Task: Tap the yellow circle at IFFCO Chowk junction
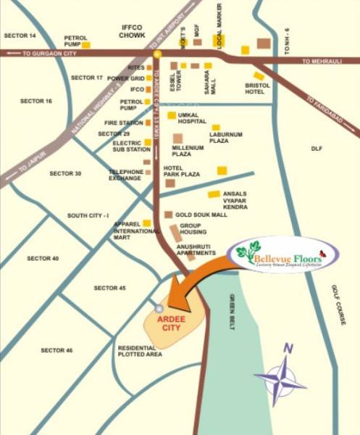pyautogui.click(x=156, y=54)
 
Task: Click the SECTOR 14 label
pyautogui.click(x=20, y=36)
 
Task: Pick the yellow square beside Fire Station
pyautogui.click(x=148, y=123)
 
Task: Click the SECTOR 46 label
pyautogui.click(x=56, y=350)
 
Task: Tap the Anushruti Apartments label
pyautogui.click(x=193, y=250)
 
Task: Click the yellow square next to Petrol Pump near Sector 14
pyautogui.click(x=86, y=45)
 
